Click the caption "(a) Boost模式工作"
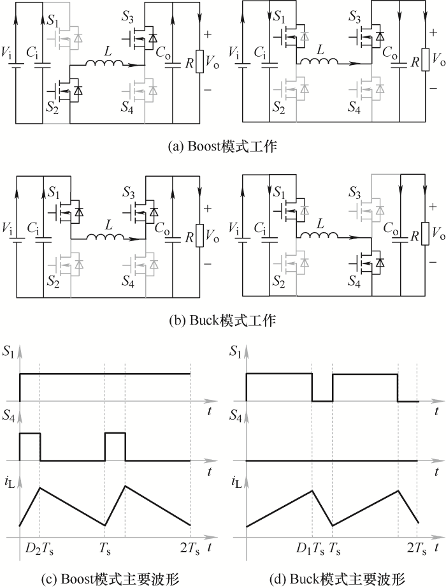point(222,146)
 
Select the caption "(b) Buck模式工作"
point(222,321)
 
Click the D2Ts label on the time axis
point(39,549)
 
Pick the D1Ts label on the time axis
point(310,549)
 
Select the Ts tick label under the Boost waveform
point(105,549)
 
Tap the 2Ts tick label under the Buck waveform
point(417,549)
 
